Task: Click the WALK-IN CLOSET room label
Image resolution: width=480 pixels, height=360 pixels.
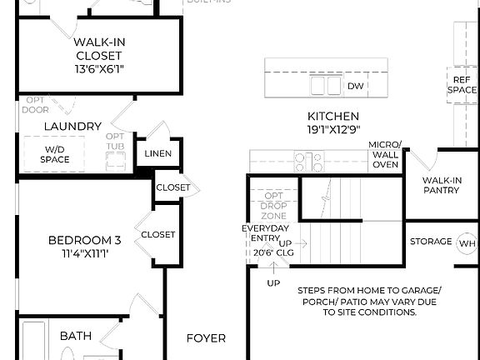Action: [99, 48]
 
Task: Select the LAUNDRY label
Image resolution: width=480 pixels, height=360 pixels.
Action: [72, 127]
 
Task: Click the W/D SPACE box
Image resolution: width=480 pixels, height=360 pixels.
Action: [55, 154]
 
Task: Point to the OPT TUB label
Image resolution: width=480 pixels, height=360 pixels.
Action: [116, 142]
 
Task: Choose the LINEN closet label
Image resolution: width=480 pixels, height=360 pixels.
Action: [157, 153]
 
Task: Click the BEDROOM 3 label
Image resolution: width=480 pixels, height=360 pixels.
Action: [84, 240]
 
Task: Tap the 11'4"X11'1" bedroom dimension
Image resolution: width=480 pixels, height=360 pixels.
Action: [84, 253]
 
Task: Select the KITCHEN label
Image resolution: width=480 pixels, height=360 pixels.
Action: [333, 116]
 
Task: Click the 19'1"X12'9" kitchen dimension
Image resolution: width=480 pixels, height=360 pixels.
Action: [333, 129]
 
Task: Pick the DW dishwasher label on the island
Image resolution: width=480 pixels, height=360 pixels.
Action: [355, 86]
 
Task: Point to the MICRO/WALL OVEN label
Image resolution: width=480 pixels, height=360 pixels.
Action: [384, 155]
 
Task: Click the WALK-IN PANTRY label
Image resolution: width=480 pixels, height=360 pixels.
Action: [441, 184]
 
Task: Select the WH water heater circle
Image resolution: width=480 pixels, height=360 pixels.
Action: [466, 242]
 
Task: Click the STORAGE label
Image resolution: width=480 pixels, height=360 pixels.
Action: [431, 242]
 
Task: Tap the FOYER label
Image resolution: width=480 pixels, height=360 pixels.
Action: [205, 338]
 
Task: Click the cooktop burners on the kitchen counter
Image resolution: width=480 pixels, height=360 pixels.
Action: [307, 160]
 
